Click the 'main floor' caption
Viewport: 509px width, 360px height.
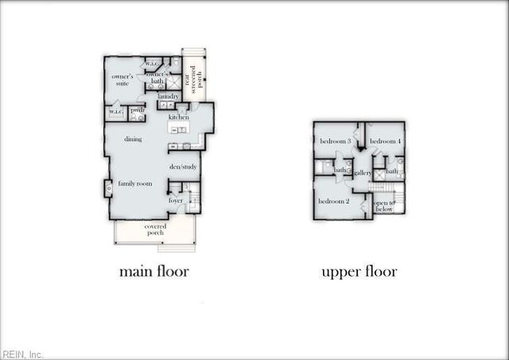pos(153,272)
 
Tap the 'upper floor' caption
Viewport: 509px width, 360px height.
pos(359,272)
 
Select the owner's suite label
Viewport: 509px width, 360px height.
pos(122,79)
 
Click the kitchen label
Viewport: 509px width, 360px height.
pos(178,118)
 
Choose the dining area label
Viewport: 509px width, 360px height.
pos(133,139)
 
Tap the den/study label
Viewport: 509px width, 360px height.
pos(183,167)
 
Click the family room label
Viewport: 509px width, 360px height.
pos(134,184)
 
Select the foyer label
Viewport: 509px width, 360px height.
pos(176,201)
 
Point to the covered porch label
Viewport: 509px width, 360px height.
pos(155,229)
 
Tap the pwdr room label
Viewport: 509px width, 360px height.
pos(137,110)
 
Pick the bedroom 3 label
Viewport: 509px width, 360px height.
pos(336,141)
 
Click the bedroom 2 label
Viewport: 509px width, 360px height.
pos(334,201)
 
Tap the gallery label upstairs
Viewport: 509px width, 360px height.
pos(363,172)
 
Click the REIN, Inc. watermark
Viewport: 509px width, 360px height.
pos(23,354)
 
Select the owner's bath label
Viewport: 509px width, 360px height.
pos(155,77)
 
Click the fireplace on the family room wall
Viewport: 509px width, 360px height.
pos(108,188)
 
